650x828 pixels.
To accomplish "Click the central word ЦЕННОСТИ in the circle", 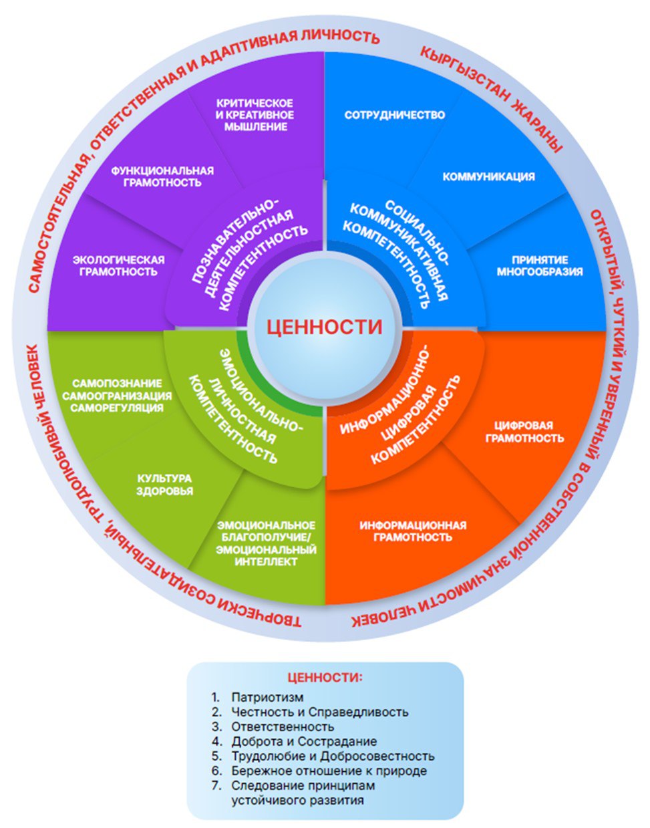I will click(x=325, y=327).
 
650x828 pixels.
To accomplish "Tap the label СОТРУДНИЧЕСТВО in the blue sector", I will click(x=394, y=115).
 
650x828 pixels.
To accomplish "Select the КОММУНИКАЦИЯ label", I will click(x=488, y=176).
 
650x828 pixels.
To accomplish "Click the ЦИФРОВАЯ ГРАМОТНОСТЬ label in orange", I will click(x=524, y=432).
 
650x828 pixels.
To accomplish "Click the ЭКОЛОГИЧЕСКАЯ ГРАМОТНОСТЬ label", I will click(x=118, y=265).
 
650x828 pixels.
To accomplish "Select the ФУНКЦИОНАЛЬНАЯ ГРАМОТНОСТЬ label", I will click(x=162, y=176).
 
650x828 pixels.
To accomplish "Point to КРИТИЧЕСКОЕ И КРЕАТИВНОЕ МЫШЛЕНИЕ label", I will click(x=255, y=114).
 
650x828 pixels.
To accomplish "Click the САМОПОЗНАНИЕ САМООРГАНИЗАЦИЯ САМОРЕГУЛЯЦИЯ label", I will click(x=117, y=395).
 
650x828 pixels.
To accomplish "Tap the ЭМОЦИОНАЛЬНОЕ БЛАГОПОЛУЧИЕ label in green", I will click(x=266, y=543).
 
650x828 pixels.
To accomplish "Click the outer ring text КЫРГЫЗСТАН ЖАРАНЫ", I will click(x=490, y=99).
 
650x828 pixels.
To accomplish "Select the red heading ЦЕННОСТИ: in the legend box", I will click(x=325, y=677).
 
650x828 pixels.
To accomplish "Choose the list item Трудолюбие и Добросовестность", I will click(x=332, y=756).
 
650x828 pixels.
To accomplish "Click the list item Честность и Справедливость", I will click(x=319, y=712).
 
